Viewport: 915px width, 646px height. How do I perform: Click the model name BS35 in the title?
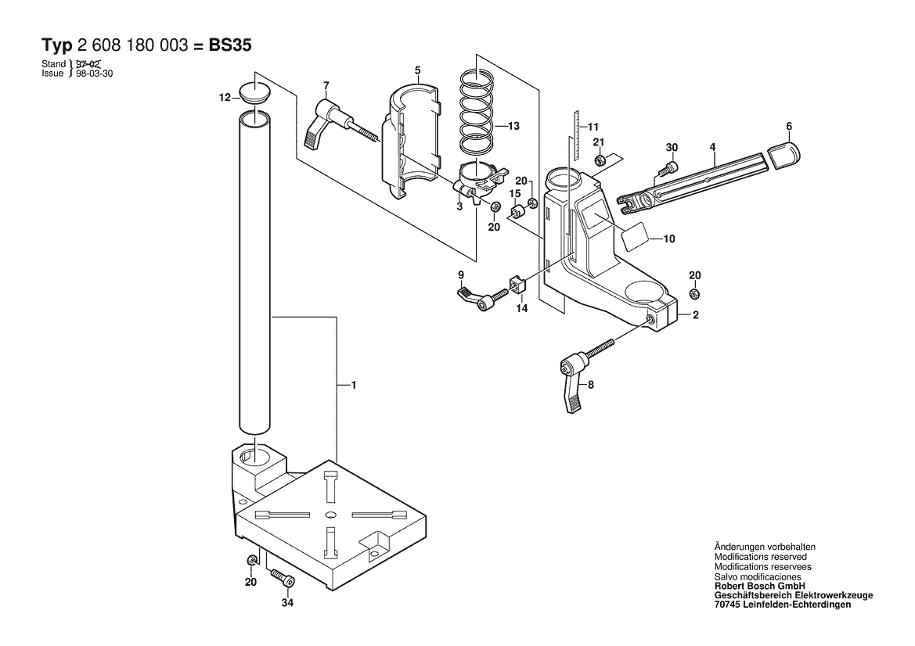pos(230,45)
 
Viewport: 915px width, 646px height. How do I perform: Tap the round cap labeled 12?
pos(255,94)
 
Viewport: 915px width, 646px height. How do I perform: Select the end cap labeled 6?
pos(783,155)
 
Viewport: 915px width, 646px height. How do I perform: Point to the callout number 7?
pos(326,86)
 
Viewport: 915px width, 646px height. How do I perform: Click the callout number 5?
pos(418,70)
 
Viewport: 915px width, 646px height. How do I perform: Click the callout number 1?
pos(353,385)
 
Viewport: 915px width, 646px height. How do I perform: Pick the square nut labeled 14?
pos(519,284)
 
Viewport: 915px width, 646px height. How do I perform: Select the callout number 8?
pos(590,385)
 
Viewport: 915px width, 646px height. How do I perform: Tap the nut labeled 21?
pos(599,160)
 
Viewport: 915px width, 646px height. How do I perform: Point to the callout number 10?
pos(669,239)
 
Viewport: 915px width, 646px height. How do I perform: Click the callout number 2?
pos(695,315)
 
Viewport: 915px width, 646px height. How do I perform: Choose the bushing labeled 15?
pos(517,210)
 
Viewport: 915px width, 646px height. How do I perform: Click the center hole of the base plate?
pos(331,515)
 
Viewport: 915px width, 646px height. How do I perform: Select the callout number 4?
pos(712,148)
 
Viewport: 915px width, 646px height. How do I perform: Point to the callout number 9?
pos(461,275)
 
